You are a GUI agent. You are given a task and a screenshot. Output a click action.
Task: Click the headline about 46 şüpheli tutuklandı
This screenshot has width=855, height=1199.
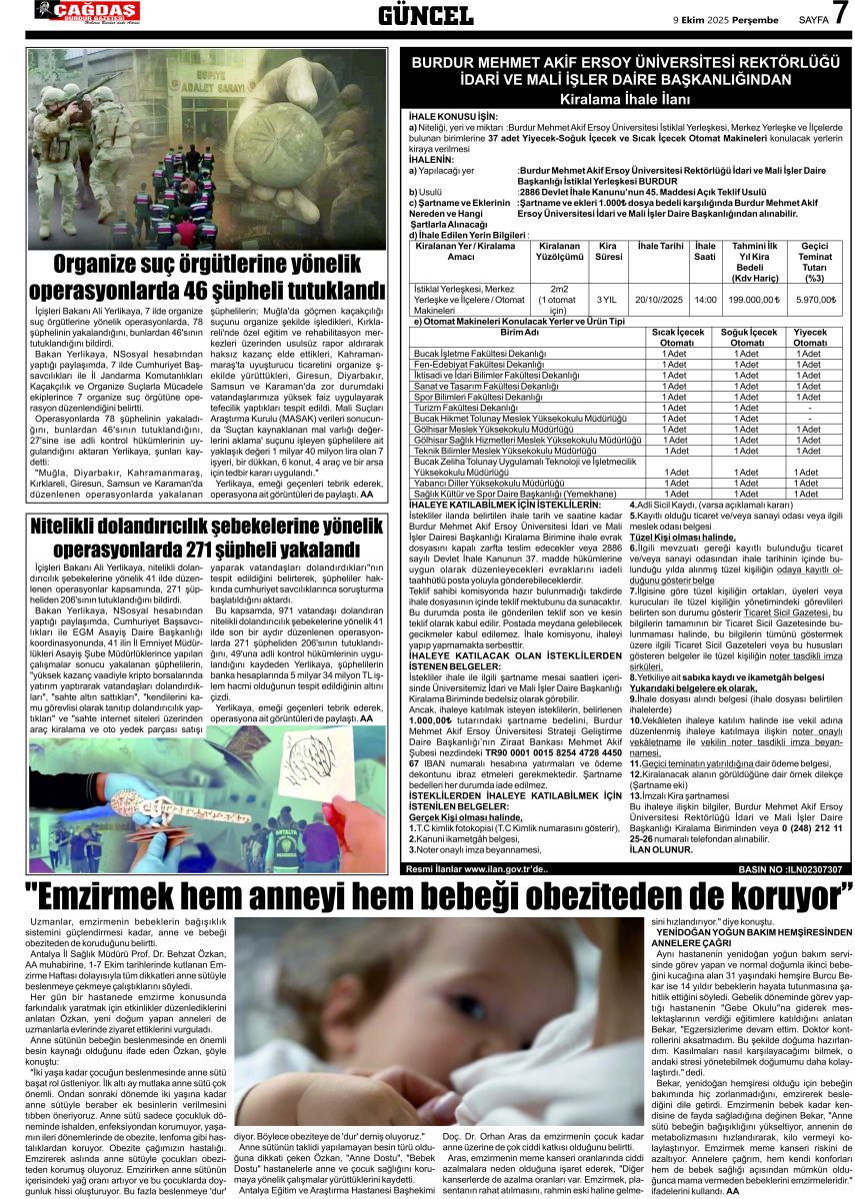click(x=206, y=277)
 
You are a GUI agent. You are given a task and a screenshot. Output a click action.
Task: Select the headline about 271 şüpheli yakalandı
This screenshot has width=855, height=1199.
click(x=206, y=539)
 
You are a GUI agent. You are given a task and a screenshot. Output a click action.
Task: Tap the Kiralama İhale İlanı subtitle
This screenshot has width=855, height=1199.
click(x=625, y=102)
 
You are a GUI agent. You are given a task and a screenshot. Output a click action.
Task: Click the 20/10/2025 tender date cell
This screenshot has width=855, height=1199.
click(x=659, y=299)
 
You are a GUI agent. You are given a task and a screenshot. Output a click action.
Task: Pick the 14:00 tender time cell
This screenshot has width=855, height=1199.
click(x=705, y=299)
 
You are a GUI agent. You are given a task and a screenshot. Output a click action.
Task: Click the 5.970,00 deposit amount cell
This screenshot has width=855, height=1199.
click(x=815, y=299)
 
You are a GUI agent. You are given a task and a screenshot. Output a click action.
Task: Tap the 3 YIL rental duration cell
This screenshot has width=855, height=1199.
click(x=606, y=299)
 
